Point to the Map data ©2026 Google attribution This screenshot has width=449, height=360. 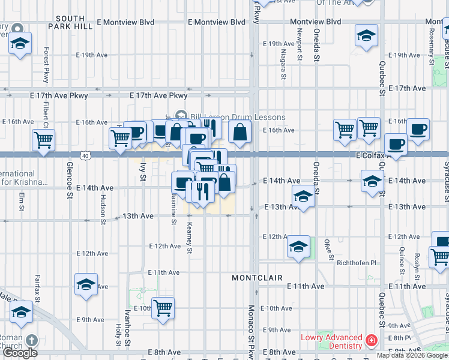412,355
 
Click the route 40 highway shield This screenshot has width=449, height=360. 86,156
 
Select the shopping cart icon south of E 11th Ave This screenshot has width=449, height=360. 163,308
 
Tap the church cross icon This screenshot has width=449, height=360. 32,340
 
